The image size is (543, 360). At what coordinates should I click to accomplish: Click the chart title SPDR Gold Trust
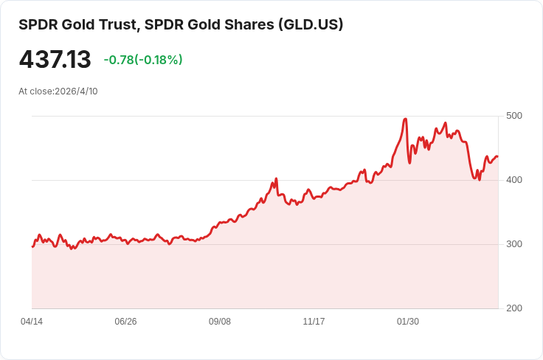click(77, 24)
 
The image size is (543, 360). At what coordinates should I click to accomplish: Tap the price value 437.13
click(55, 60)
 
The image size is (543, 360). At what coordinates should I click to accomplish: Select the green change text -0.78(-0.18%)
click(143, 60)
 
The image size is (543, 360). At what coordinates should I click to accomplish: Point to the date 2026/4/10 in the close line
click(76, 91)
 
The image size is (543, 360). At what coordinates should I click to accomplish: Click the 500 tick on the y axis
click(513, 116)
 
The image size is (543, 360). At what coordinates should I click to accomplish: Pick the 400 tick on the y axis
click(513, 180)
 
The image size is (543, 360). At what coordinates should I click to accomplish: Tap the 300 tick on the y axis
click(513, 244)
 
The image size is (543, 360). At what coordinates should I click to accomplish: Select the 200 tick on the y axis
click(513, 308)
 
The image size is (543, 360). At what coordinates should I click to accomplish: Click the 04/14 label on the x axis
click(32, 322)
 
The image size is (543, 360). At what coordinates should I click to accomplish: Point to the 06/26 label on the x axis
click(125, 322)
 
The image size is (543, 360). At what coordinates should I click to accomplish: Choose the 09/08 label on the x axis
click(220, 322)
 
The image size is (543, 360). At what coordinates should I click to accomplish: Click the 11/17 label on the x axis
click(314, 322)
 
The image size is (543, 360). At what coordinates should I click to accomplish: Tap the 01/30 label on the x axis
click(408, 322)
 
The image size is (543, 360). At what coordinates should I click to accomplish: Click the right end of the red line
click(497, 156)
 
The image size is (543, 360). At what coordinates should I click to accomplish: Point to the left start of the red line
click(32, 246)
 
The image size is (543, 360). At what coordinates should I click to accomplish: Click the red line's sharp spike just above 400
click(276, 179)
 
